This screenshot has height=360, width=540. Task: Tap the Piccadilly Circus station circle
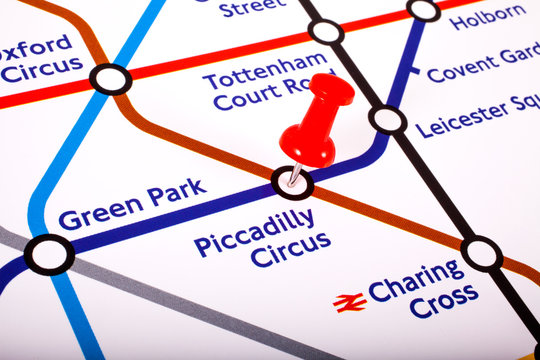click(x=292, y=183)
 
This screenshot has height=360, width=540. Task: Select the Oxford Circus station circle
click(x=110, y=79)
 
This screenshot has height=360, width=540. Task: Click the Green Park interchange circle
click(x=49, y=254)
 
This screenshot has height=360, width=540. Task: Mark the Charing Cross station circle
click(x=482, y=253)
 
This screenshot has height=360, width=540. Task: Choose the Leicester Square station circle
click(x=388, y=120)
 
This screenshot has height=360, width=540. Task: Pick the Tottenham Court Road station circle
click(x=326, y=32)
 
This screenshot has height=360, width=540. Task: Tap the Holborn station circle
click(x=423, y=10)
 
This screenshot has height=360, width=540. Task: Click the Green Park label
click(x=132, y=204)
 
